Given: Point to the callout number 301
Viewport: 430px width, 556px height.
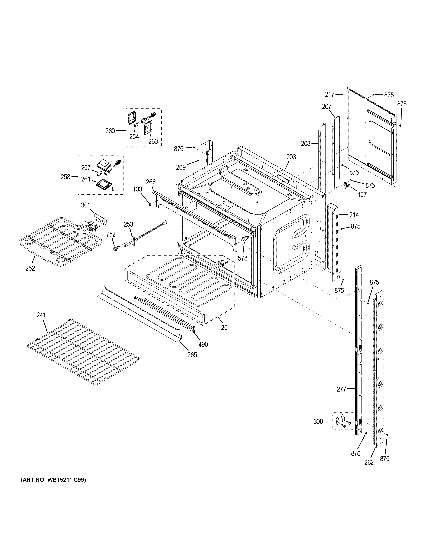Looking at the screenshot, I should [86, 205].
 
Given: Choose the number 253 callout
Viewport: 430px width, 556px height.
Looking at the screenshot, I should [128, 224].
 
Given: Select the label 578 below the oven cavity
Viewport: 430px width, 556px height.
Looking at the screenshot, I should [243, 258].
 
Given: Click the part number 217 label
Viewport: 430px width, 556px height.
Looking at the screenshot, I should [330, 94].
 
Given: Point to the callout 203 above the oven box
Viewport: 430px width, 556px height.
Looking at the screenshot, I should [291, 157].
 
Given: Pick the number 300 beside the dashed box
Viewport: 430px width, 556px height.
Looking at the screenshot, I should [318, 422].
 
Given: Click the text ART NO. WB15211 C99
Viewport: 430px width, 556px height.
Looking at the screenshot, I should [53, 480].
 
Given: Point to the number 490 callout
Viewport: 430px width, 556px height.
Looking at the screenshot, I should [203, 345].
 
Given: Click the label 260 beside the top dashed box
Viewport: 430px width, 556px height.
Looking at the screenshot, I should [110, 131].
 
